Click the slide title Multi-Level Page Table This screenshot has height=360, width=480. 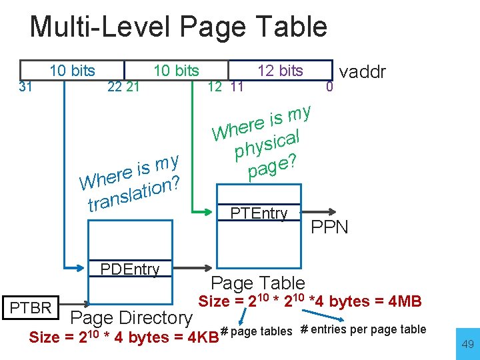pos(179,27)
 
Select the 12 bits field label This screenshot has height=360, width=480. pos(280,71)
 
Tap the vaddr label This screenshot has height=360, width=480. pos(363,72)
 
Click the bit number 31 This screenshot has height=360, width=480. pos(25,85)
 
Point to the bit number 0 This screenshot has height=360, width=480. pos(327,86)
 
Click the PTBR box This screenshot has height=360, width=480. pos(32,307)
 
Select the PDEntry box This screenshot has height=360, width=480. pos(129,269)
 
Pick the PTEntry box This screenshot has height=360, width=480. pos(259,213)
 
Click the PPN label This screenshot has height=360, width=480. pos(329,227)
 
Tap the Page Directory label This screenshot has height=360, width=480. pos(131,317)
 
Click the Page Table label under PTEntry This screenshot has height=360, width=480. pos(257,283)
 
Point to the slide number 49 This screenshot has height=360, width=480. pos(467,345)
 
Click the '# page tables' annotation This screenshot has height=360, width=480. pos(256,331)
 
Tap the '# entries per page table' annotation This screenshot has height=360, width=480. pos(363,329)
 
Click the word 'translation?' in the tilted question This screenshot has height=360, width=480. pos(133,193)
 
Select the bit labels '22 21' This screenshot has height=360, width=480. pos(123,86)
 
